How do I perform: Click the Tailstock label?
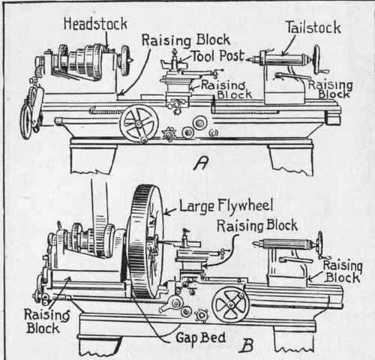[313, 28]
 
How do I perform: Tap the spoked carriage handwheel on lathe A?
[138, 123]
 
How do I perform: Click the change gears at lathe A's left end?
[28, 109]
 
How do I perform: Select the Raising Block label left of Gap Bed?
[28, 321]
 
